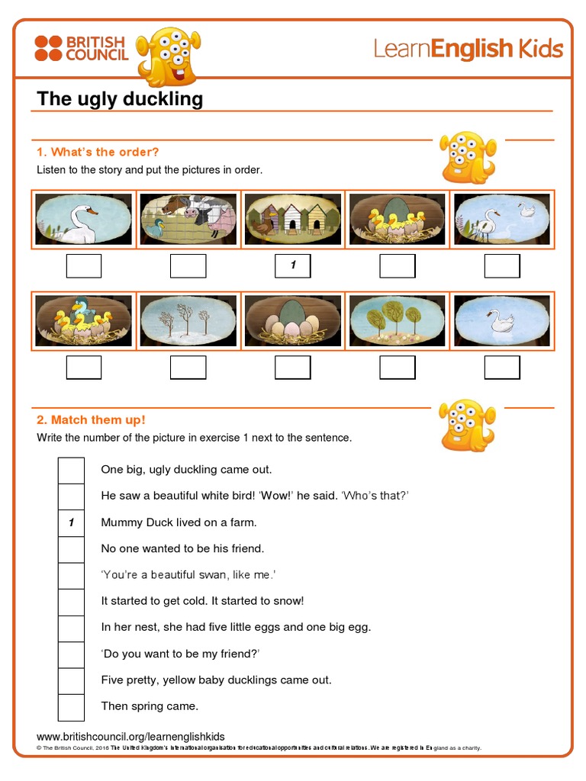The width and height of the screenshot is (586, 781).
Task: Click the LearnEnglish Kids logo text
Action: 468,49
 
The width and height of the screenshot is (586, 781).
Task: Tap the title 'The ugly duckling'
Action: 120,98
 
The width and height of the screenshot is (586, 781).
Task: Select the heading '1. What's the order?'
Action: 98,152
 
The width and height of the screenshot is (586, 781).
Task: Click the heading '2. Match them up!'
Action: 91,419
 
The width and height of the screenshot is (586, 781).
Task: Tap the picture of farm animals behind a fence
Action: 188,220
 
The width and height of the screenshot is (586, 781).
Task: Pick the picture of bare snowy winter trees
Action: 188,320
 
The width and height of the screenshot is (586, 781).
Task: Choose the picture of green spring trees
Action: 397,320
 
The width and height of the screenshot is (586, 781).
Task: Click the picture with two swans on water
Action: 501,220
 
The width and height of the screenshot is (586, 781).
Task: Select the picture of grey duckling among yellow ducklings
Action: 84,320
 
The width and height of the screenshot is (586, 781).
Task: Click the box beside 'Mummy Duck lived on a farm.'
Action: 71,522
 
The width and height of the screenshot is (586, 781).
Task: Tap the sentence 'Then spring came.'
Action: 150,706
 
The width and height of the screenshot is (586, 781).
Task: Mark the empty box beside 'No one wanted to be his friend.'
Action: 71,549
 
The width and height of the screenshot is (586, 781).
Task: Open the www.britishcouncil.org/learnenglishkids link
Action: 130,736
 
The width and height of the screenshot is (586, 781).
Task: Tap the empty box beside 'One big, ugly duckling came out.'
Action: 71,470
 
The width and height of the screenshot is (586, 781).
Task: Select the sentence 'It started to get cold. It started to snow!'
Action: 202,601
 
